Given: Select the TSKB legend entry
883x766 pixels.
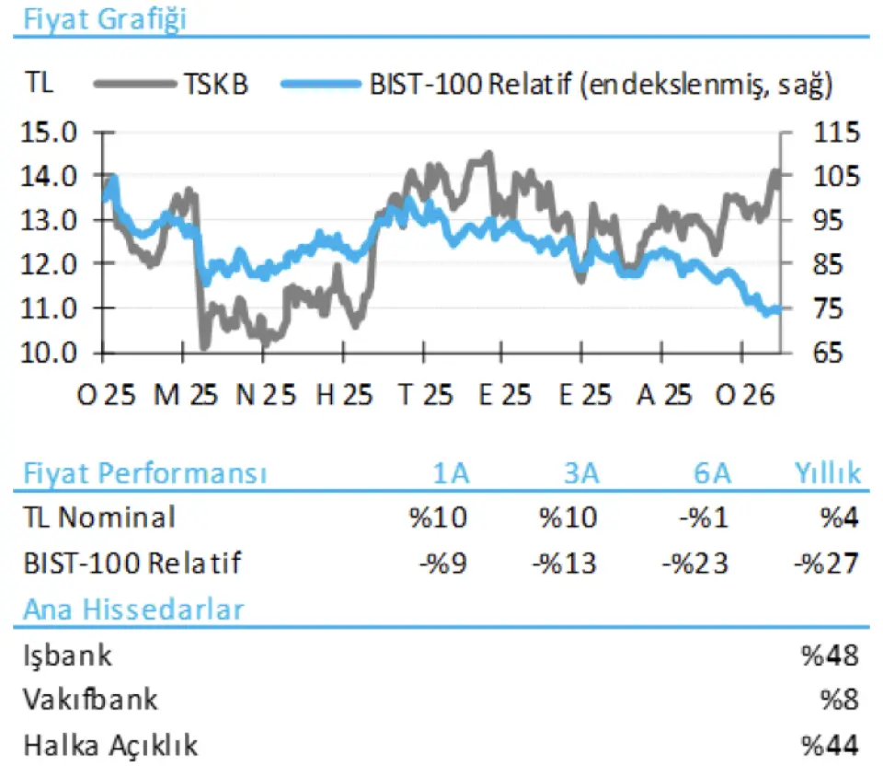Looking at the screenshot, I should (x=216, y=85).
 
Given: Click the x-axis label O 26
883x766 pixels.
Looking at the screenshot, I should (x=746, y=396).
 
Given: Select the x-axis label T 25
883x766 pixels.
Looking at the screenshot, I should (x=425, y=396).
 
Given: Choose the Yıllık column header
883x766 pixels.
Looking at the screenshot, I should (x=827, y=474).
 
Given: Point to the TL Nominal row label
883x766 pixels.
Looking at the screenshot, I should (x=98, y=517).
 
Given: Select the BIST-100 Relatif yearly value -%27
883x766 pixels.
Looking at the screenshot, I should (x=826, y=562).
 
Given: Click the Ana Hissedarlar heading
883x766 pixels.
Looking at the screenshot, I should (x=133, y=609).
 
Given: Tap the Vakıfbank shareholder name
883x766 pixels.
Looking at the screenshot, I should (x=90, y=700).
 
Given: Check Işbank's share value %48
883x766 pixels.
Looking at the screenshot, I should (x=830, y=656).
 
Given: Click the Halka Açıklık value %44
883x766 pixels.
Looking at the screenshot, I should (x=830, y=745).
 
